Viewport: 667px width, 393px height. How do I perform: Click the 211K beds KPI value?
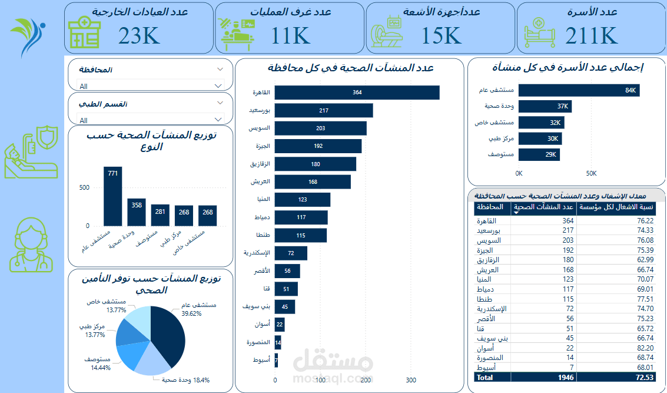(x=591, y=36)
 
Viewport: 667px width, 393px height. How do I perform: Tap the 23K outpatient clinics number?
(x=139, y=36)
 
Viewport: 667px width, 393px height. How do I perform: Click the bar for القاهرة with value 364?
(x=357, y=93)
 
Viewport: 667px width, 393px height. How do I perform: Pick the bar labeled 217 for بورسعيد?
(x=323, y=111)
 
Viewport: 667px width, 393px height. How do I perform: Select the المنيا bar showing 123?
(x=302, y=200)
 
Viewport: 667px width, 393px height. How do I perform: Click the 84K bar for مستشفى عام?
(x=579, y=90)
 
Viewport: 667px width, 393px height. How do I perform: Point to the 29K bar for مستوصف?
(x=539, y=154)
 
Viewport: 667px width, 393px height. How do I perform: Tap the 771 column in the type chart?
(x=113, y=196)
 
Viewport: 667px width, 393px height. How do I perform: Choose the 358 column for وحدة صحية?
(x=137, y=212)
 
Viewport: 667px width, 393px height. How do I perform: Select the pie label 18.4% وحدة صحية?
(x=185, y=380)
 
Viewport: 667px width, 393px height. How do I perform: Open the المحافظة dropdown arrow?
(x=220, y=69)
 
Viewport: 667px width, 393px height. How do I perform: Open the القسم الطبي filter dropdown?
(x=220, y=103)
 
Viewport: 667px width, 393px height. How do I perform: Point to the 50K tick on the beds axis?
(x=591, y=173)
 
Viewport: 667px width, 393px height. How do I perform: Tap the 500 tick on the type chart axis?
(x=84, y=187)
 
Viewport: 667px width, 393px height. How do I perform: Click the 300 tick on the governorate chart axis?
(x=411, y=380)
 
